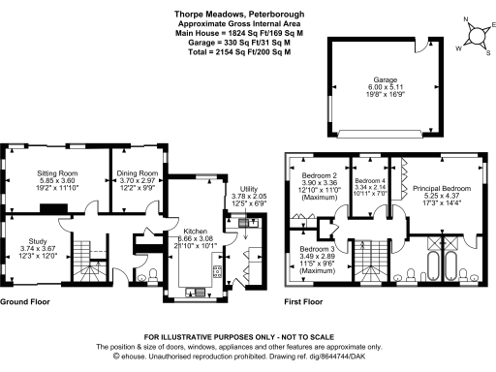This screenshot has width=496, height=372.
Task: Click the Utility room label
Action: (249, 189)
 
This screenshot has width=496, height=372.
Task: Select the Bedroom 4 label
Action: (370, 181)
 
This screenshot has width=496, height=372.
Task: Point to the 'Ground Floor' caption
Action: (25, 302)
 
